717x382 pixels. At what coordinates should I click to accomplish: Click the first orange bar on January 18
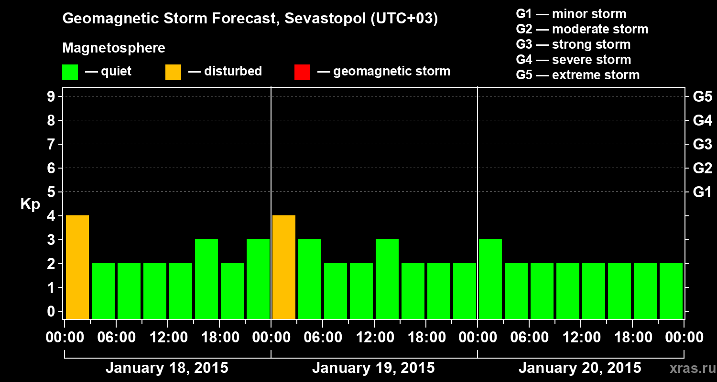[77, 267]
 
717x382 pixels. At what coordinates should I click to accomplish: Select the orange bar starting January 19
[283, 267]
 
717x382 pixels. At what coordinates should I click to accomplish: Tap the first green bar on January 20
[490, 279]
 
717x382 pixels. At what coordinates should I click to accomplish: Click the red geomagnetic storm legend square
[302, 72]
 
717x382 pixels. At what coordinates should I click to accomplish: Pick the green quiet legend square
[70, 72]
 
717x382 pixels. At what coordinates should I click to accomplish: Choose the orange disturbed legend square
[173, 72]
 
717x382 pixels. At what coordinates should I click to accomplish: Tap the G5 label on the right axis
[702, 97]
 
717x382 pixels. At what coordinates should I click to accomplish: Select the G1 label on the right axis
[702, 192]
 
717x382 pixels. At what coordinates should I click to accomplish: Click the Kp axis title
[30, 205]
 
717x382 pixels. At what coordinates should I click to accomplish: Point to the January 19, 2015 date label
[373, 368]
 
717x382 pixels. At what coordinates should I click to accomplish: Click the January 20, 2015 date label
[580, 368]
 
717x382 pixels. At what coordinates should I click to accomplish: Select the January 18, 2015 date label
[167, 368]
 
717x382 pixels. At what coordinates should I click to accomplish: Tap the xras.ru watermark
[689, 369]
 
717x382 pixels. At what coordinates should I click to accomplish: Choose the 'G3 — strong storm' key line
[573, 44]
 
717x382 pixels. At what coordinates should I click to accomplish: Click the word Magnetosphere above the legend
[114, 48]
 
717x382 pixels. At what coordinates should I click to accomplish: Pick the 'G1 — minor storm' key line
[571, 14]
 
